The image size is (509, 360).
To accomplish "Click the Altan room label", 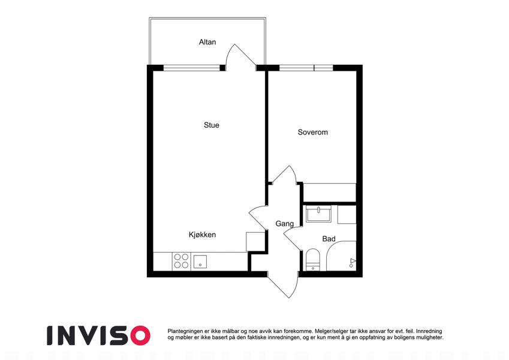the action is [207, 42].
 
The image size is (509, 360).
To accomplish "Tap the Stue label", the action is [211, 125].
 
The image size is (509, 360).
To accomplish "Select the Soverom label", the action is [312, 132].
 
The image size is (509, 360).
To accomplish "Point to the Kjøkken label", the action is [202, 235].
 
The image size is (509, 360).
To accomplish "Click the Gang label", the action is [285, 224].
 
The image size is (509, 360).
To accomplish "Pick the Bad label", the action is [329, 239].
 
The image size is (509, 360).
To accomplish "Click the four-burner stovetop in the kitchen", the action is [181, 261].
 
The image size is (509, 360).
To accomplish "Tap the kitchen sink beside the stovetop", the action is [200, 262].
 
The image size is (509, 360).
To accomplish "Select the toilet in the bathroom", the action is [313, 260].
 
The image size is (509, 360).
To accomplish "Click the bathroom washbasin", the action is [318, 214].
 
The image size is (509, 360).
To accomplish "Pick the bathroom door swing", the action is [293, 238].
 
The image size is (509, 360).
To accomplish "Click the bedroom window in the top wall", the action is [306, 68].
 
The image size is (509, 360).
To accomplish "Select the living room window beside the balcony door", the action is [191, 68].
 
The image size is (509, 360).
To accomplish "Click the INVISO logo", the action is [98, 335].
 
